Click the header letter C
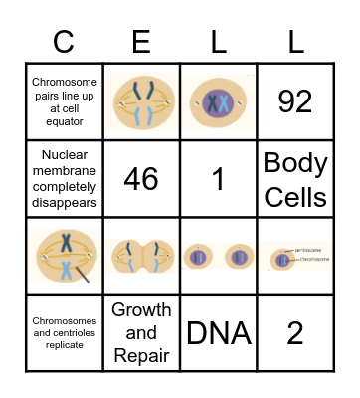64,44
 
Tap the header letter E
141,44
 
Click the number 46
141,178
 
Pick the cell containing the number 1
218,178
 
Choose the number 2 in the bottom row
295,332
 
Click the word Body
295,163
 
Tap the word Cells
295,195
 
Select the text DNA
218,332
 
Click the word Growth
141,311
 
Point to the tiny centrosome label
311,250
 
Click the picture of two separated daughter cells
218,256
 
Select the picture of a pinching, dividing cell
141,256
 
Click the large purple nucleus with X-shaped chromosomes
218,100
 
